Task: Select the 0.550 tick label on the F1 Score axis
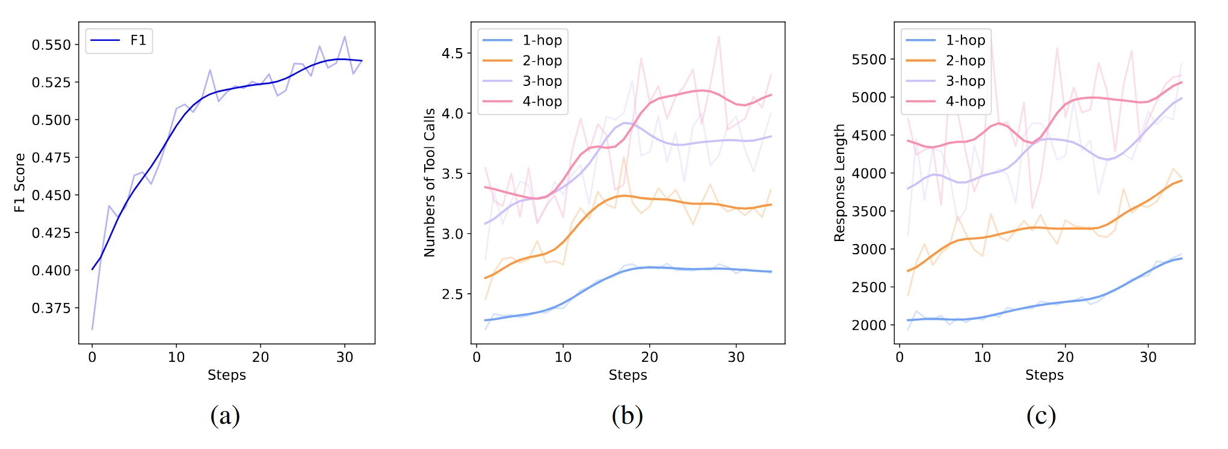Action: (x=51, y=45)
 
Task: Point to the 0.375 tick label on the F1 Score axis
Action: (x=51, y=308)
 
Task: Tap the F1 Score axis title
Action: (x=20, y=183)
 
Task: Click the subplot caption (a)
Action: (x=225, y=415)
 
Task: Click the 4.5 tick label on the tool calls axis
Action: (x=452, y=53)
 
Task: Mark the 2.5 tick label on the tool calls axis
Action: (x=452, y=295)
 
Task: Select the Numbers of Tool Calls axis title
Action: (x=430, y=183)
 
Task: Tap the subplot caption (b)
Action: (x=627, y=415)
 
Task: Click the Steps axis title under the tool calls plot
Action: (x=628, y=375)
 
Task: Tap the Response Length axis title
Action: (x=839, y=183)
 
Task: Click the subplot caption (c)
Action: (x=1041, y=415)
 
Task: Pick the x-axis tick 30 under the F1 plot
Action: (x=345, y=358)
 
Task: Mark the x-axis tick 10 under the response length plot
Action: (x=983, y=358)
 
